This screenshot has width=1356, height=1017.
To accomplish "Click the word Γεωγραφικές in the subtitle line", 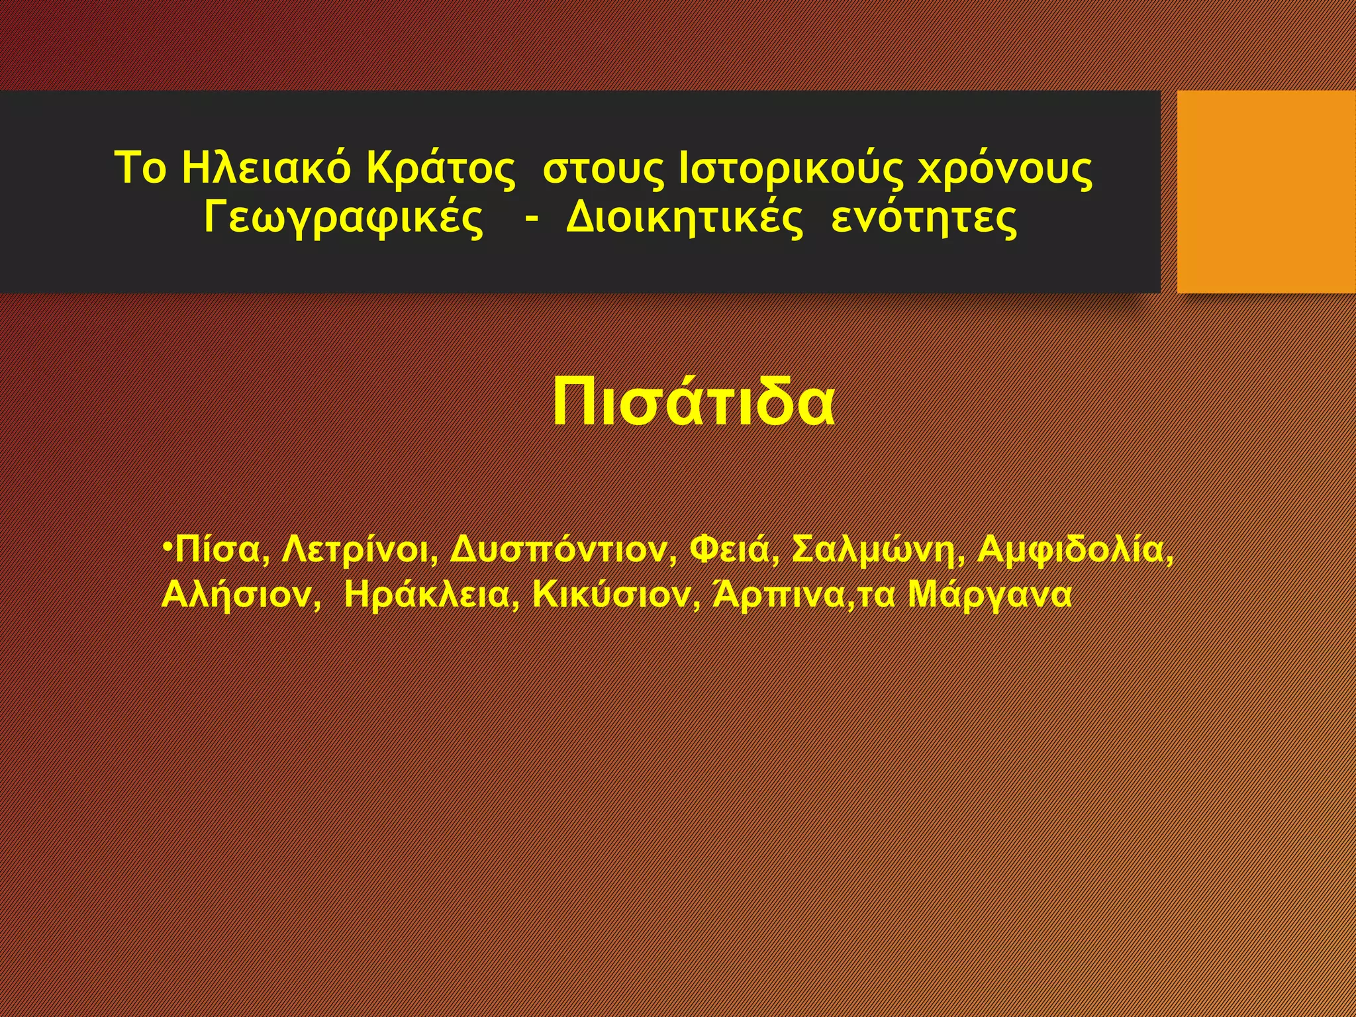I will coord(344,218).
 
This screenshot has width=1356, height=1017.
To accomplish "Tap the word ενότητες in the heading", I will coord(924,218).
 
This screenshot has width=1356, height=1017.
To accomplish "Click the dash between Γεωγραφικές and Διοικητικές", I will coord(530,218).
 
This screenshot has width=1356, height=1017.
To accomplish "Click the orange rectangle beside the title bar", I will coord(1266,191).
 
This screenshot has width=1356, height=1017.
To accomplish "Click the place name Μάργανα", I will coord(989,595).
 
